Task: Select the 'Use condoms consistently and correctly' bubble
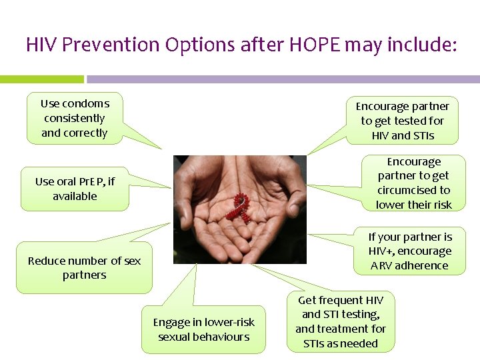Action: (75, 119)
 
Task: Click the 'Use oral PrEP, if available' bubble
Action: (75, 189)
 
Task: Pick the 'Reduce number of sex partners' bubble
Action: (84, 268)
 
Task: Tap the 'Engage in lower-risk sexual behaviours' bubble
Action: (203, 329)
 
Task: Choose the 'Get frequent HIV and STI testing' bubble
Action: (340, 322)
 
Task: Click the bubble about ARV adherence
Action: (409, 251)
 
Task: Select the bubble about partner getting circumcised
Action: (413, 183)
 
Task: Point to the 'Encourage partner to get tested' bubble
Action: (402, 121)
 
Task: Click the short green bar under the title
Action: (41, 79)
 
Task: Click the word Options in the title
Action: (195, 45)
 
